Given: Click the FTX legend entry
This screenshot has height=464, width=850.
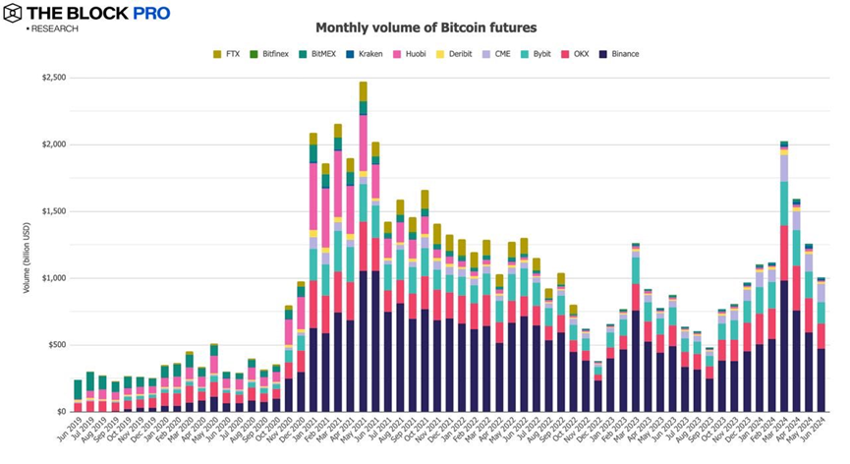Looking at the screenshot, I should [x=229, y=53].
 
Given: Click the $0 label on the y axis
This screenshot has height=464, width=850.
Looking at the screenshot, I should [x=59, y=412].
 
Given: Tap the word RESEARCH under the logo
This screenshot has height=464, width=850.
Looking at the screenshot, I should [x=56, y=29].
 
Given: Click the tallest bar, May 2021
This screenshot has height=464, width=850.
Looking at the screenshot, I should [x=363, y=246].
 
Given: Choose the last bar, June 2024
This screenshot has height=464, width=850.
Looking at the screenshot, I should [x=820, y=344].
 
